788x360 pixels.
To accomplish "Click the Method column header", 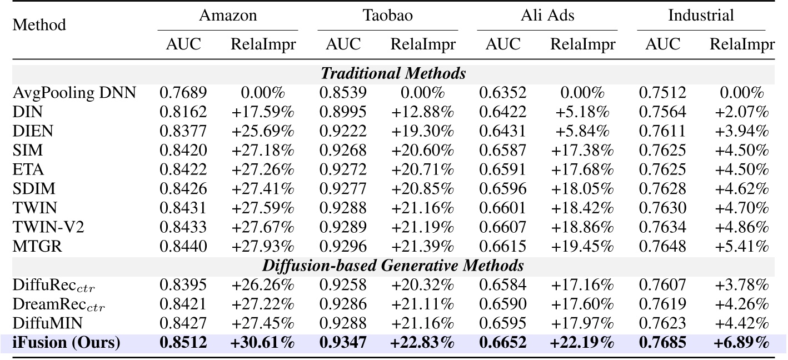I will [x=39, y=25].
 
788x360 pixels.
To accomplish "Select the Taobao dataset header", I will [x=387, y=15].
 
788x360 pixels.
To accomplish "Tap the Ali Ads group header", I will [x=547, y=15].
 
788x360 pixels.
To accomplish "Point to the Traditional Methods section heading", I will [x=393, y=73].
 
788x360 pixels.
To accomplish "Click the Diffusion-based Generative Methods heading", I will [x=393, y=266].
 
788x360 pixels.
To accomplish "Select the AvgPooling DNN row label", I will [x=74, y=92].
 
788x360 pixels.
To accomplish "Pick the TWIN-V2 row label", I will [x=49, y=227].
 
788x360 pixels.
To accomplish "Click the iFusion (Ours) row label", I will [x=66, y=343].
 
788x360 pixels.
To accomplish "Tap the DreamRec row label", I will [x=58, y=305].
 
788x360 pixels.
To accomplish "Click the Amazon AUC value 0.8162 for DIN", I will [x=183, y=112].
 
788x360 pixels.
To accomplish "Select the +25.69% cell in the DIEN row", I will [x=262, y=131].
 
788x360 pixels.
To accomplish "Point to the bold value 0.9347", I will [x=342, y=343].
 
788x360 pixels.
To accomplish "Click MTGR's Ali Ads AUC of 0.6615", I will [x=502, y=247].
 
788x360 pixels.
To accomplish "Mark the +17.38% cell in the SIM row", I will [x=582, y=151].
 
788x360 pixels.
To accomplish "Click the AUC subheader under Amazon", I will [x=183, y=44].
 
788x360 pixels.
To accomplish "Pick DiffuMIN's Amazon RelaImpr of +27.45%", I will [x=262, y=323].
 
